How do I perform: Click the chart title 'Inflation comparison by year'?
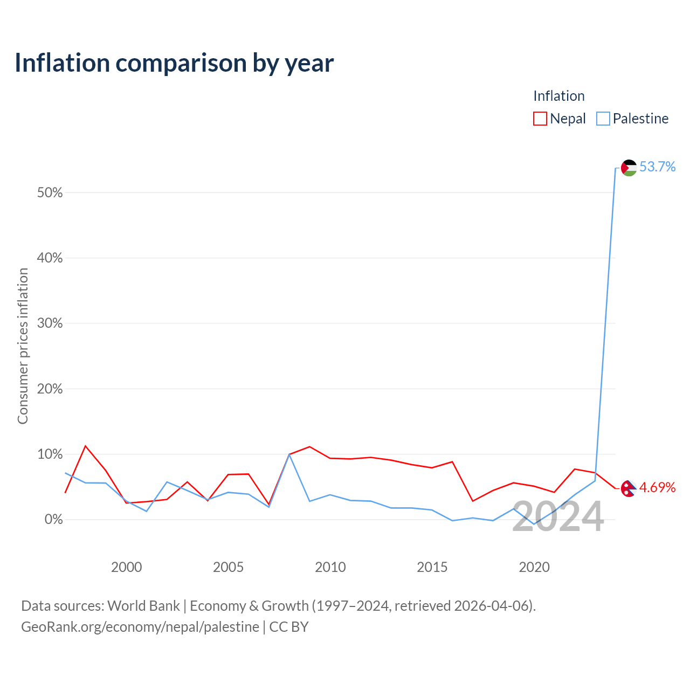tap(174, 63)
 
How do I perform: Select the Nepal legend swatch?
tap(540, 119)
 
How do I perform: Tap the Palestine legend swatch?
tap(603, 119)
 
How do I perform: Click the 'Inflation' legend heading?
tap(558, 96)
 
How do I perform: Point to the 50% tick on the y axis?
tap(50, 192)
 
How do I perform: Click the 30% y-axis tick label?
tap(50, 323)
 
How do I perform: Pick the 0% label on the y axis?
tap(53, 520)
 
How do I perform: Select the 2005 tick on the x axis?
tap(228, 567)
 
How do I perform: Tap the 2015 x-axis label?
tap(432, 567)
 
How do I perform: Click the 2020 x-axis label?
tap(534, 567)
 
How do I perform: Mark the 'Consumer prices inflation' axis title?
tap(23, 346)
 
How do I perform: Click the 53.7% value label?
tap(657, 167)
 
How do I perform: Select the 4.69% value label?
tap(657, 488)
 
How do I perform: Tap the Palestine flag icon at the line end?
tap(629, 168)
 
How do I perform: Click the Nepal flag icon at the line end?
tap(628, 488)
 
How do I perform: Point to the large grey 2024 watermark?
tap(557, 516)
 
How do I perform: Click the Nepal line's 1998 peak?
tap(85, 446)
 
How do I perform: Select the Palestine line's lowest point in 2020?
tap(534, 525)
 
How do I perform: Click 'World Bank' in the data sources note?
tap(143, 606)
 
